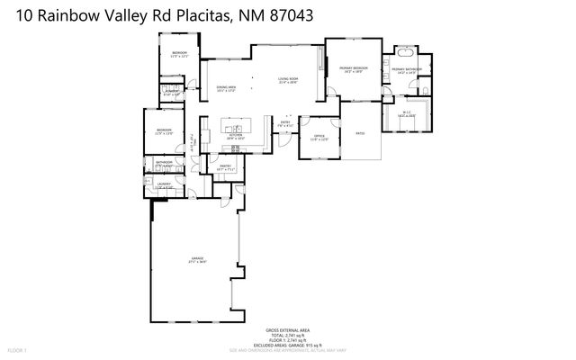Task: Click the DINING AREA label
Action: (225, 87)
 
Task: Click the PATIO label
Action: (359, 133)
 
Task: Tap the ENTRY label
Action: (284, 123)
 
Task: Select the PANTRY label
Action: (226, 166)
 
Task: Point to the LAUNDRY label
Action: (164, 184)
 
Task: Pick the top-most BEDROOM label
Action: (179, 53)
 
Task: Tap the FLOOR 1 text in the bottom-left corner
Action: (18, 349)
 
